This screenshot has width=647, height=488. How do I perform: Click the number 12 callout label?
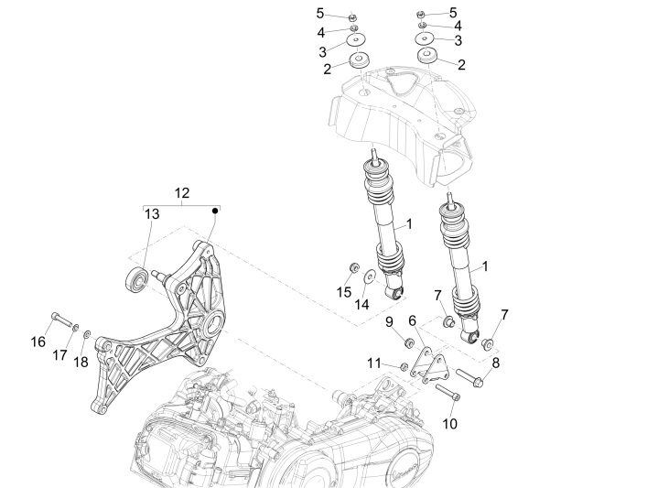[182, 192]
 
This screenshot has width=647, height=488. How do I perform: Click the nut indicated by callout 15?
[351, 268]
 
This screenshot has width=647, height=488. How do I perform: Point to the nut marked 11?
[404, 367]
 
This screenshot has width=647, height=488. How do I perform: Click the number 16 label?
[38, 342]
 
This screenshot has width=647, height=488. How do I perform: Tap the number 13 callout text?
[152, 213]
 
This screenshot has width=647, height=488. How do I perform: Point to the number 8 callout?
[496, 362]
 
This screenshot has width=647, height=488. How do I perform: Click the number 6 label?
[413, 320]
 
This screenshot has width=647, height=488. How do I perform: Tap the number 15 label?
[343, 292]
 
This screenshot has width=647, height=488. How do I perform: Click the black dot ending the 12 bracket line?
[217, 211]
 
